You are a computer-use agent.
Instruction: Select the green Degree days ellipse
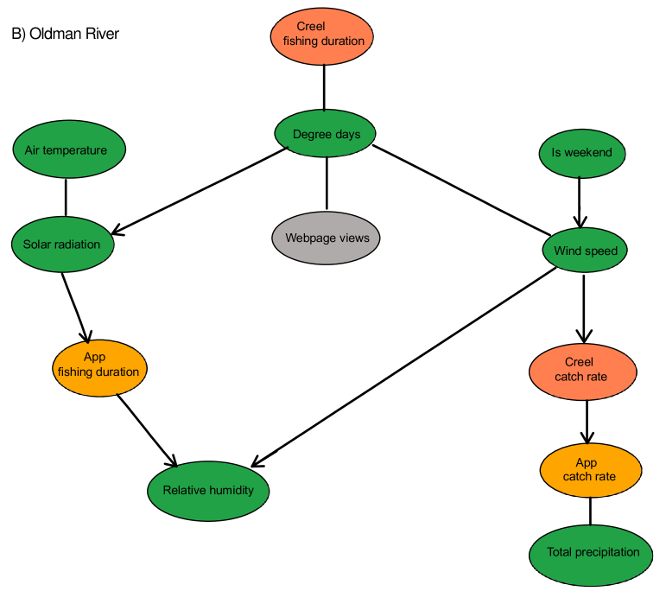(325, 134)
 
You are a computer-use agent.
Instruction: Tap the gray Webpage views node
(326, 238)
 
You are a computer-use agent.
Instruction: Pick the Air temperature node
(69, 149)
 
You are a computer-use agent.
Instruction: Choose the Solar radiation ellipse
(62, 245)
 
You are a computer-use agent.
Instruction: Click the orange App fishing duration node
(100, 367)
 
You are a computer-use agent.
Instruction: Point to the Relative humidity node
(208, 491)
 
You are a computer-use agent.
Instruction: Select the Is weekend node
(581, 153)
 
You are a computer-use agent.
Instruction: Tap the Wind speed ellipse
(585, 251)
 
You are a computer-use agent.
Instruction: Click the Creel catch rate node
(582, 370)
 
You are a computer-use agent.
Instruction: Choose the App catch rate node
(591, 470)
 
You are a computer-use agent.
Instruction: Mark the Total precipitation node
(592, 554)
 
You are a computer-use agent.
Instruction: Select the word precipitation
(608, 552)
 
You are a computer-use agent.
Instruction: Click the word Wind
(568, 251)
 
